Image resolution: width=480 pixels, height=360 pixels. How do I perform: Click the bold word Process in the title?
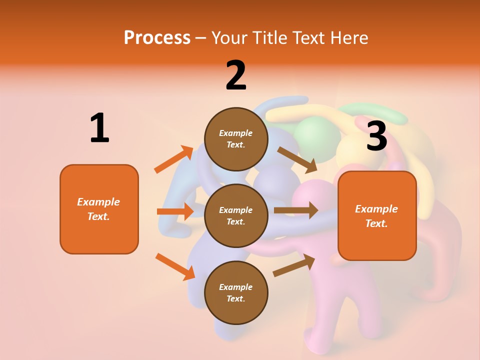coord(157,37)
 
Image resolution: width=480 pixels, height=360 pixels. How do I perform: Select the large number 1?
coord(99,128)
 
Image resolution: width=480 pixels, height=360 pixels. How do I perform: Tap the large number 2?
coord(236,75)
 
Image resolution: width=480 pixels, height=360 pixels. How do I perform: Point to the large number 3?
coord(377,136)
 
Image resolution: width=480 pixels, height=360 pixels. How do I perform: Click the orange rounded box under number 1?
coord(99,209)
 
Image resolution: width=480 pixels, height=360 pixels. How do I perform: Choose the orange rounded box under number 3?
coord(377,216)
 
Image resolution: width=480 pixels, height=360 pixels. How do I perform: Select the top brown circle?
coord(236,139)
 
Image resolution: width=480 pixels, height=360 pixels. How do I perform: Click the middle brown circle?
coord(236,215)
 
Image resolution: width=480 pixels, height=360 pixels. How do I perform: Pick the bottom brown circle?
coord(236,292)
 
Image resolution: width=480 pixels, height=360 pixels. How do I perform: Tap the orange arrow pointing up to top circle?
coord(173,159)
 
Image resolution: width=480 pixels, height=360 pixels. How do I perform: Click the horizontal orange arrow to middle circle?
coord(175,211)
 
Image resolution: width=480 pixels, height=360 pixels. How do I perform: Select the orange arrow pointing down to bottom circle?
coord(175,266)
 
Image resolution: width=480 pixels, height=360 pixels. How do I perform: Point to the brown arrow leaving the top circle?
coord(297,160)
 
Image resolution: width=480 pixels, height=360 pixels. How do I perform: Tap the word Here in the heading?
coord(349,37)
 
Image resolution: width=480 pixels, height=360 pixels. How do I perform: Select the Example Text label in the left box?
coord(98,209)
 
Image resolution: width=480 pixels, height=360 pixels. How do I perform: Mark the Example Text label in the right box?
coord(376,216)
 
